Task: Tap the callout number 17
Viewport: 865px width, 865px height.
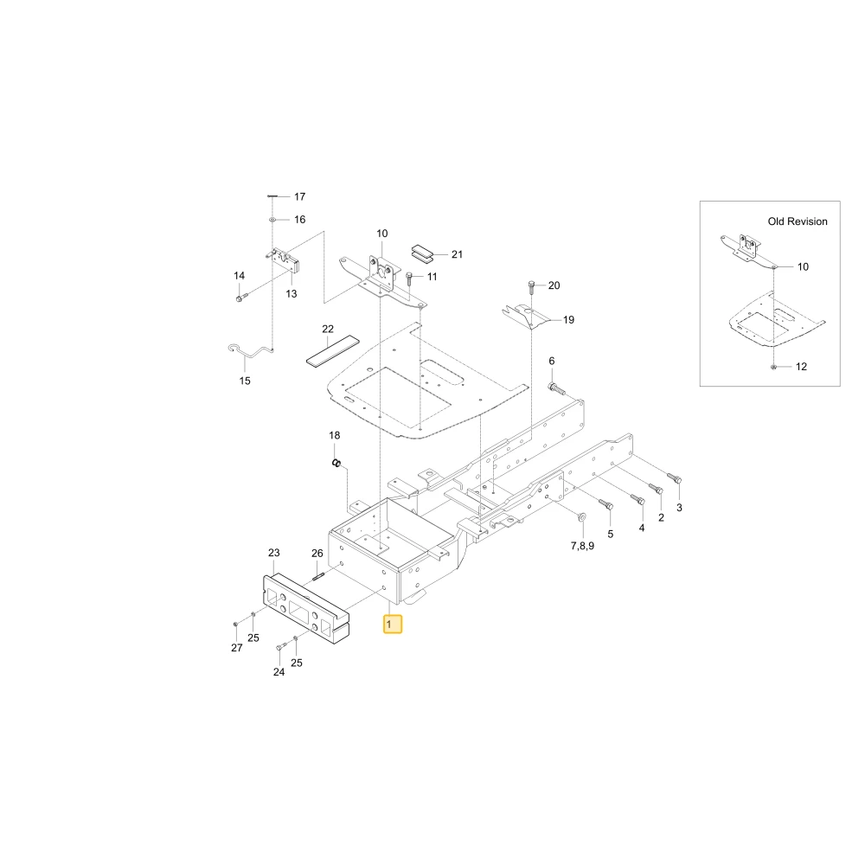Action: point(299,196)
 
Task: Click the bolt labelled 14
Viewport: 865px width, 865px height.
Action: point(241,298)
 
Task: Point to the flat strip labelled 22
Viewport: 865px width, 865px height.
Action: point(333,350)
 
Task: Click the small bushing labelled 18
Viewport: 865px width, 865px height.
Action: point(336,462)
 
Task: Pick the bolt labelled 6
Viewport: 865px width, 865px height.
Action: point(556,388)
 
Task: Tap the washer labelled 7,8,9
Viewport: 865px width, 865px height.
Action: point(581,517)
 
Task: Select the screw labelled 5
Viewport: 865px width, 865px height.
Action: point(605,503)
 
